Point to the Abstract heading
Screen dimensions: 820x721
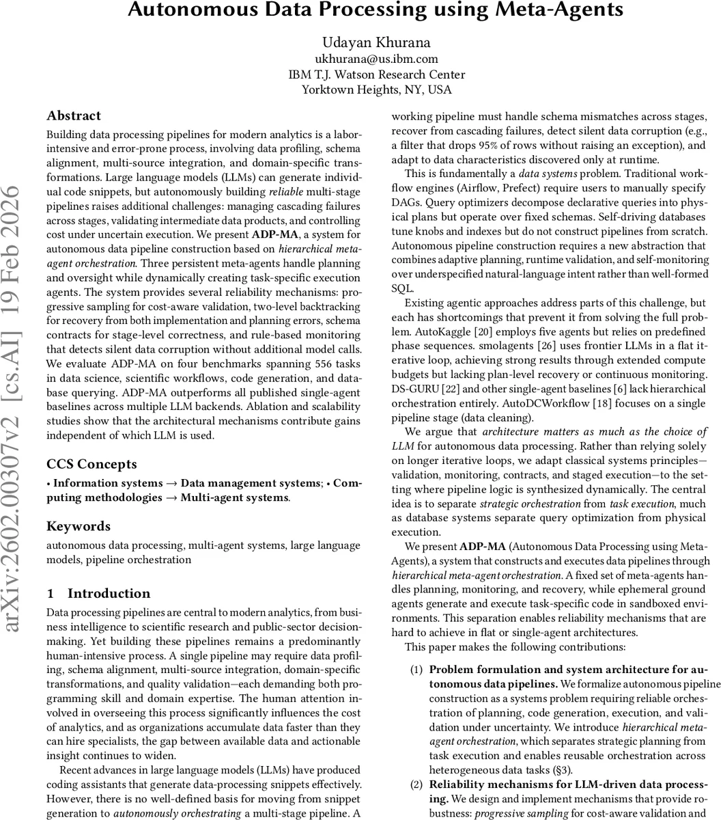click(x=74, y=115)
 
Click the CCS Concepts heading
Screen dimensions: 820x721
click(x=91, y=464)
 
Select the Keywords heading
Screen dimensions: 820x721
click(x=78, y=526)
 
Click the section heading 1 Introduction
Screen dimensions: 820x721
click(x=98, y=593)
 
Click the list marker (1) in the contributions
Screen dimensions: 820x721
click(x=416, y=669)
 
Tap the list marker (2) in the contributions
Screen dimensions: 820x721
click(x=416, y=784)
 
